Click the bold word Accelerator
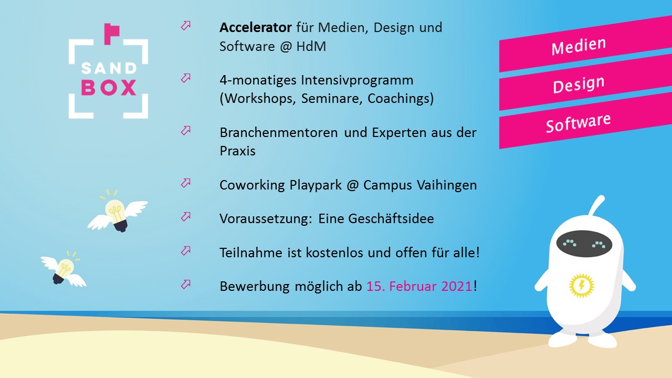[x=256, y=27]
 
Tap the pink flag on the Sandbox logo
[x=112, y=33]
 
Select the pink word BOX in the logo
[x=109, y=88]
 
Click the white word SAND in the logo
[x=109, y=68]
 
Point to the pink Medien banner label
[x=579, y=46]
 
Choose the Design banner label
[x=579, y=85]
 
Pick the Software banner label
[x=578, y=123]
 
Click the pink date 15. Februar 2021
[x=419, y=286]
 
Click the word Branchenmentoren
[x=279, y=133]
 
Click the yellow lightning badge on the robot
[x=581, y=285]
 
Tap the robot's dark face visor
[x=584, y=244]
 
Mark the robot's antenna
[x=597, y=206]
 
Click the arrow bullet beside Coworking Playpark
[x=186, y=183]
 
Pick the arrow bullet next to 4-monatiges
[x=186, y=78]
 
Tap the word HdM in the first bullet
[x=311, y=47]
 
